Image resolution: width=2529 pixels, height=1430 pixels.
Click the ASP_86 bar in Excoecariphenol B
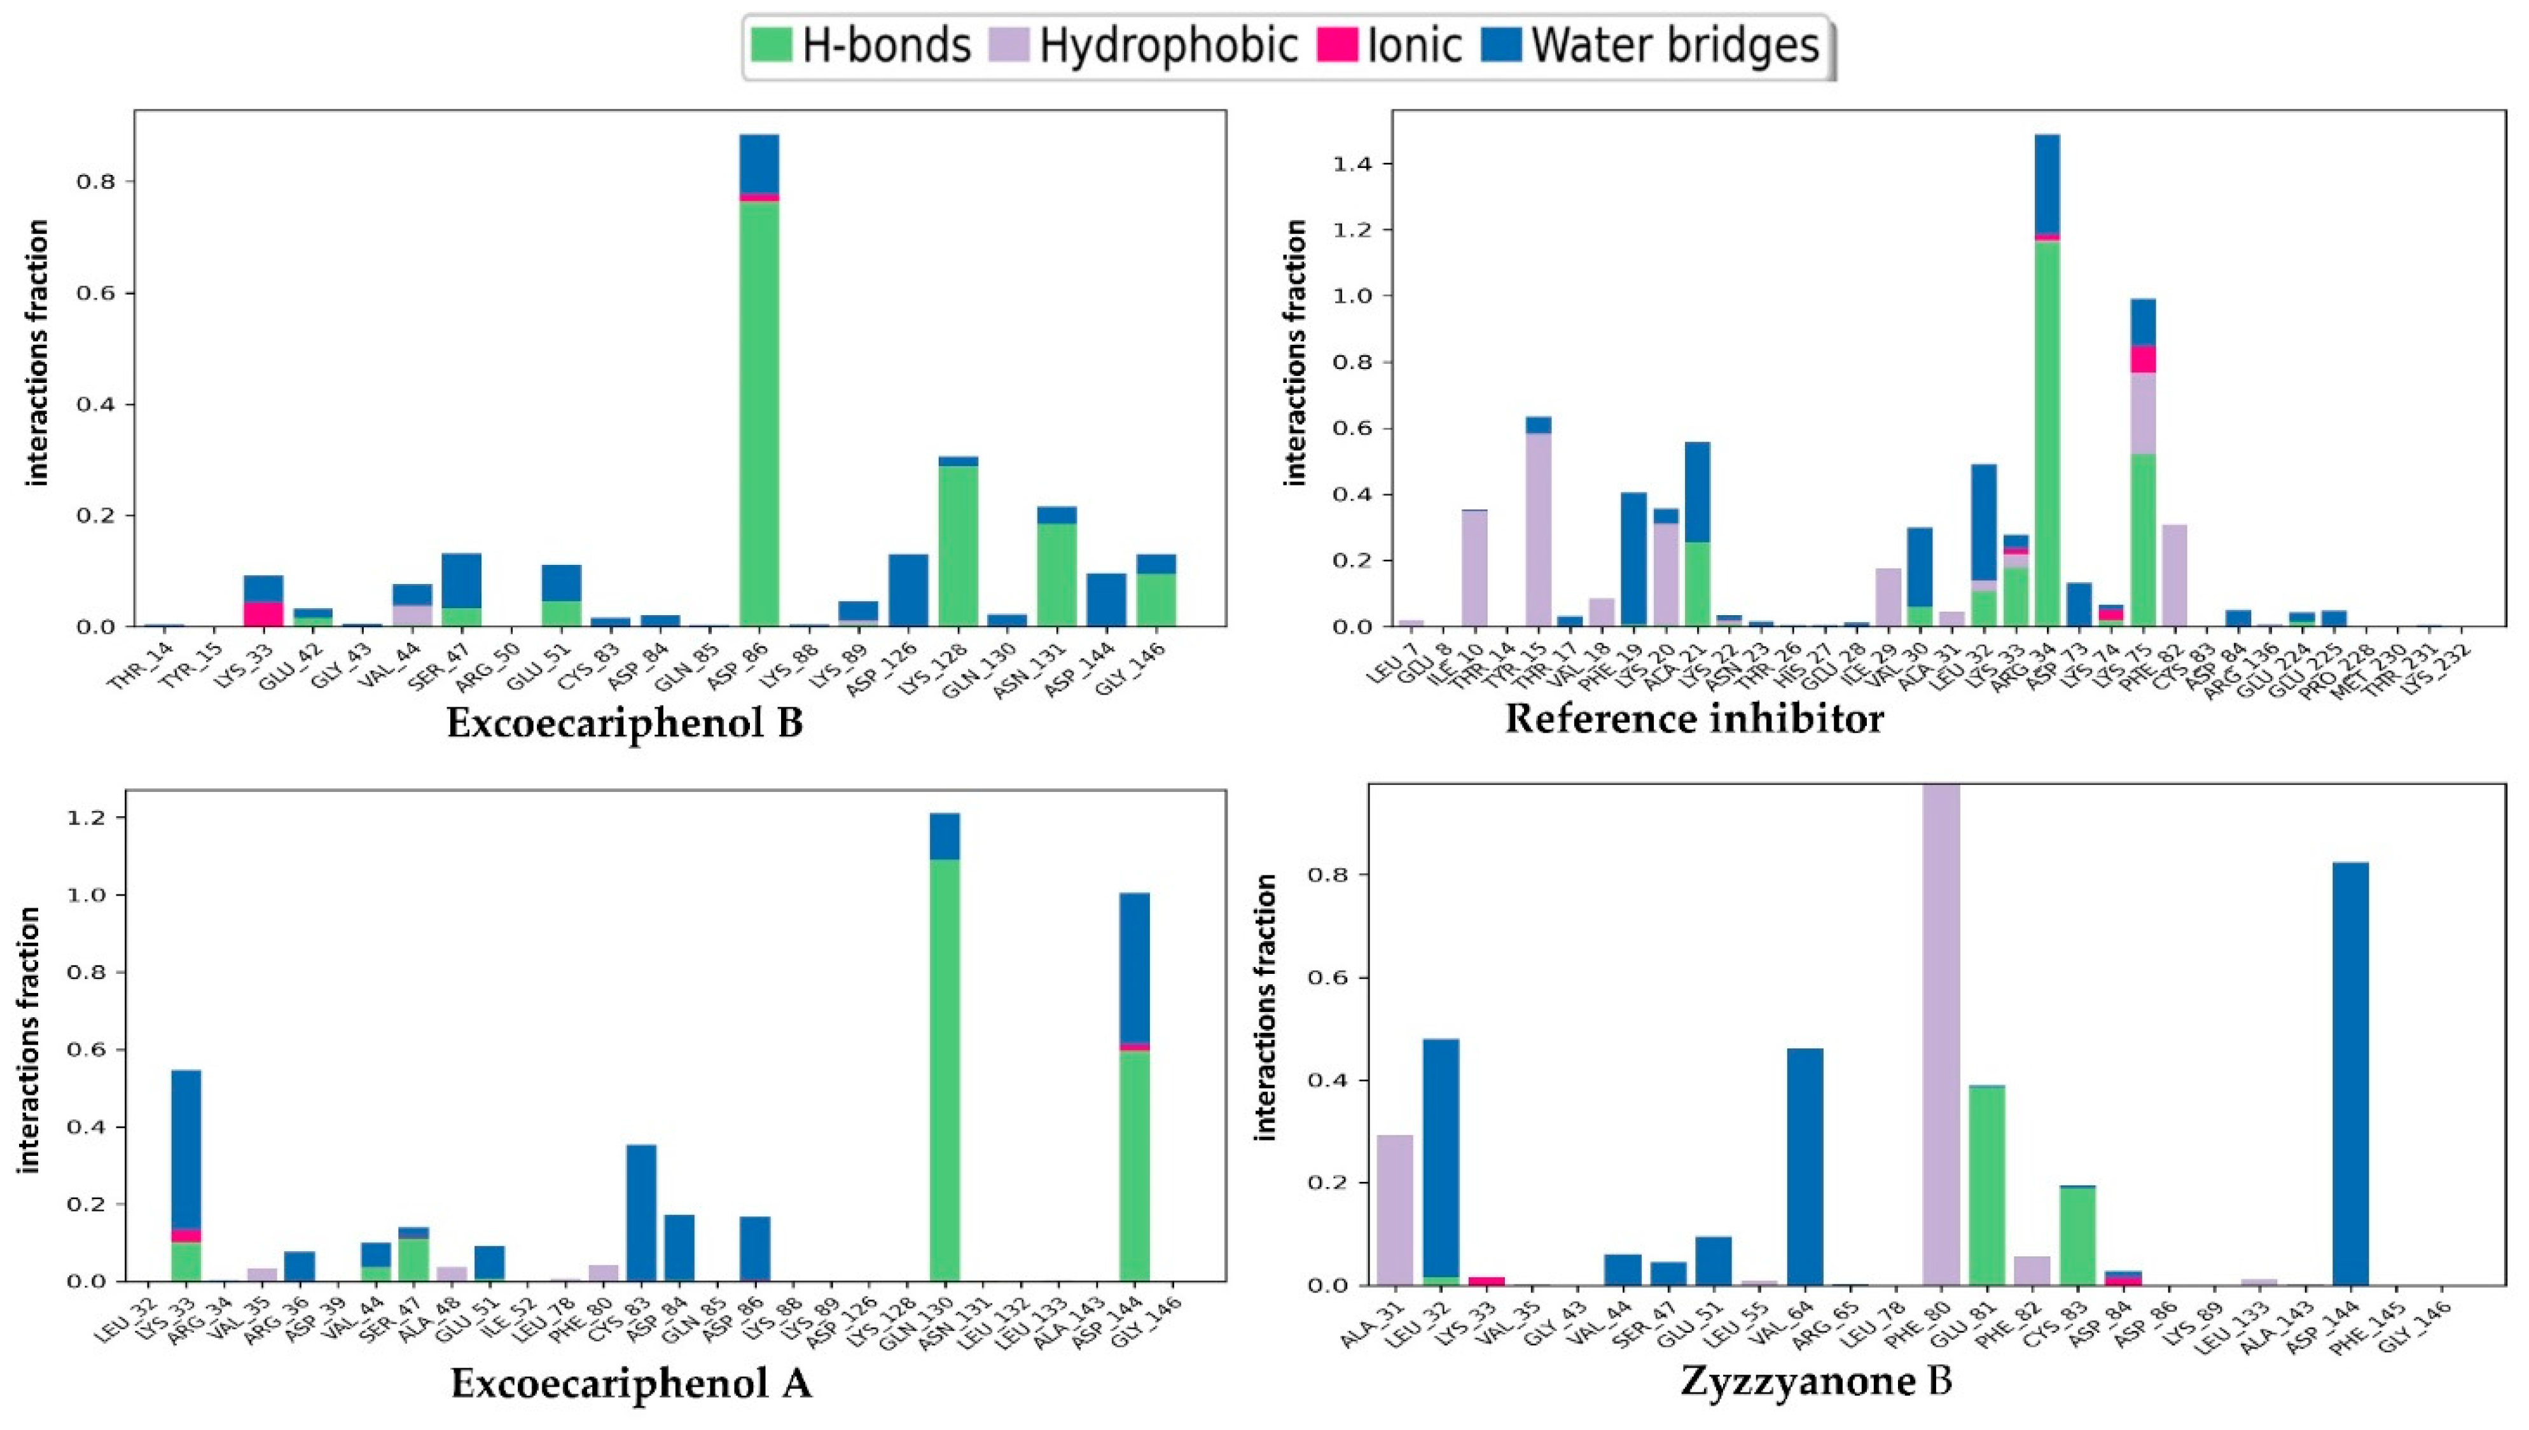click(759, 393)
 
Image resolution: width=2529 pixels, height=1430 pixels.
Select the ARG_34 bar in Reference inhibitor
click(2046, 393)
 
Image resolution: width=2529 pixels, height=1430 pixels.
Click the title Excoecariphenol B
click(625, 724)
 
